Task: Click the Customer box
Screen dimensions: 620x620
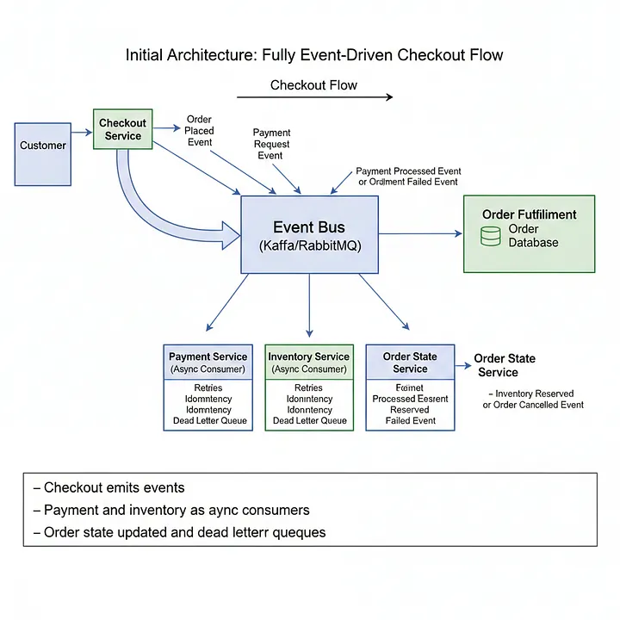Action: click(x=43, y=153)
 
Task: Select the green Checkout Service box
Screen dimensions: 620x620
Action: click(x=122, y=130)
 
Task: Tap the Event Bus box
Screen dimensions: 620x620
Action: click(x=308, y=235)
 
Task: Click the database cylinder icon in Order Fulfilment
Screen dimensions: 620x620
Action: click(x=490, y=236)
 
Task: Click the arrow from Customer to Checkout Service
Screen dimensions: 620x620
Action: click(x=81, y=132)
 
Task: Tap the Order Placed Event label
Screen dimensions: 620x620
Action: click(x=199, y=131)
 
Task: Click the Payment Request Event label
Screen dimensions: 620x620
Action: click(x=271, y=144)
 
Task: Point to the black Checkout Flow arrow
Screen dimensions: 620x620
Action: click(x=314, y=97)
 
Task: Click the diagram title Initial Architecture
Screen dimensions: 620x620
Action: click(x=314, y=55)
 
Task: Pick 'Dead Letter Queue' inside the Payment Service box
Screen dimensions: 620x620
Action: click(x=208, y=421)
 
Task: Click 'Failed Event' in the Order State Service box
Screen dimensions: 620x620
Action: click(x=410, y=421)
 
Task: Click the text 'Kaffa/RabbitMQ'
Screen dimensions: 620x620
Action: click(x=309, y=245)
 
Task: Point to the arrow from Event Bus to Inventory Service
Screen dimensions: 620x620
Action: click(x=309, y=306)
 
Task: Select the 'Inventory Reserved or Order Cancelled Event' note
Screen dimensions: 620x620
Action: click(x=534, y=399)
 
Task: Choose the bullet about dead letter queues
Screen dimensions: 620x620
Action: click(x=179, y=532)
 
